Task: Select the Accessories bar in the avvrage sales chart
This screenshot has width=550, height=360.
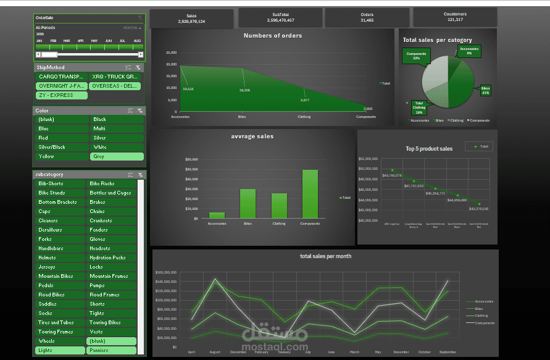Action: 217,215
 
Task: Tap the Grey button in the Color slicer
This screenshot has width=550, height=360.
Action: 116,156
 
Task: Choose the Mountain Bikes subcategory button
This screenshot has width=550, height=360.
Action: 60,276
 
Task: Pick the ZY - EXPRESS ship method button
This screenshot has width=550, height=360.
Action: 61,95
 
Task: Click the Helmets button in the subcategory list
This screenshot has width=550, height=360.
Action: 60,257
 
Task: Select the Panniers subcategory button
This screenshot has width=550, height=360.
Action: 112,350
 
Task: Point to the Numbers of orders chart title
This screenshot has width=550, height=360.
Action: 272,36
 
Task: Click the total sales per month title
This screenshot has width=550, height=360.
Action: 325,256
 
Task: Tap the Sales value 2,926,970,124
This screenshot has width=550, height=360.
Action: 191,22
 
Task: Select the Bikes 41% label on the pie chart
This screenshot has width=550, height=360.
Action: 486,90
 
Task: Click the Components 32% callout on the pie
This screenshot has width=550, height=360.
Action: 417,56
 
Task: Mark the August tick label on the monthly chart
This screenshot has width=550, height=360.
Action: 215,352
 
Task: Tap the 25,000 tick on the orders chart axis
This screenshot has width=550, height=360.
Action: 171,53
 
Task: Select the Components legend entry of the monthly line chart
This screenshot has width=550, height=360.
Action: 485,322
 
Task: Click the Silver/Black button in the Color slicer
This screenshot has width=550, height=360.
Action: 60,147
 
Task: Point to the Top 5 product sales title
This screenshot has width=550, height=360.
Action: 429,148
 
